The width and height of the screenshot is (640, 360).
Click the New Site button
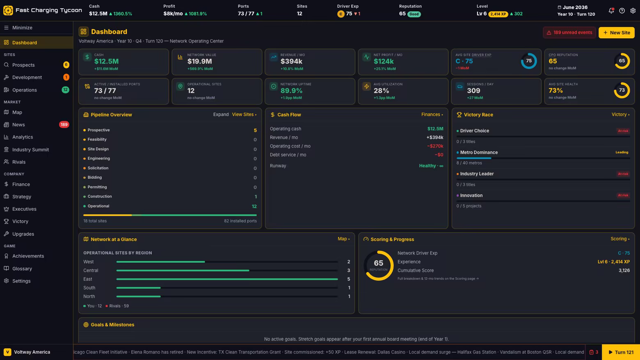point(616,32)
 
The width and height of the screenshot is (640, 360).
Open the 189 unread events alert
point(569,32)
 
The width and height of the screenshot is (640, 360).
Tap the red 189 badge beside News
point(64,125)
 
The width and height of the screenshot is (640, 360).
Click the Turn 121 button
point(621,352)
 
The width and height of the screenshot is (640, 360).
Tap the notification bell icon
point(611,11)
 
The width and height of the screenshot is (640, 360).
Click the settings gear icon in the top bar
point(633,11)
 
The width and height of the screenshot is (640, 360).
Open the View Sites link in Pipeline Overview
point(244,114)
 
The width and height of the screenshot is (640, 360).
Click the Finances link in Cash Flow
point(432,114)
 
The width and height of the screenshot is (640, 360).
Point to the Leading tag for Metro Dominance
point(622,153)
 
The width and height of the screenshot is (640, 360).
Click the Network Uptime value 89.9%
point(291,91)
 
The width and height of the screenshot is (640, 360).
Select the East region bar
point(227,279)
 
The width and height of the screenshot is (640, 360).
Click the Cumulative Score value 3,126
point(624,271)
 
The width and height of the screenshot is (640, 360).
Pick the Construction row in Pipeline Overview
point(170,196)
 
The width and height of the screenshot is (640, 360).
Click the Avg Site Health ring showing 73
point(622,90)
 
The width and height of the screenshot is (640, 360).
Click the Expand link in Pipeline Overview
point(221,114)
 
